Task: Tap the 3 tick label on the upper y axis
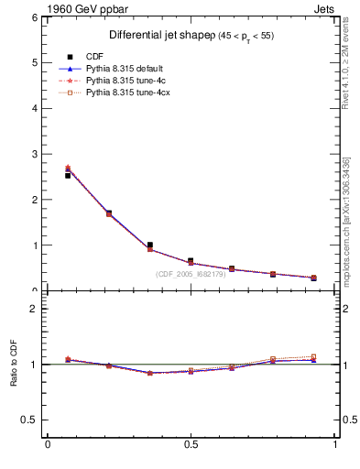[34, 154]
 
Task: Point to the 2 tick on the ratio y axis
[34, 310]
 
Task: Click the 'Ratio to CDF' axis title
[14, 364]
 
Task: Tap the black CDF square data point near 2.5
[68, 175]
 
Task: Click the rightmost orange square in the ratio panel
[313, 356]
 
